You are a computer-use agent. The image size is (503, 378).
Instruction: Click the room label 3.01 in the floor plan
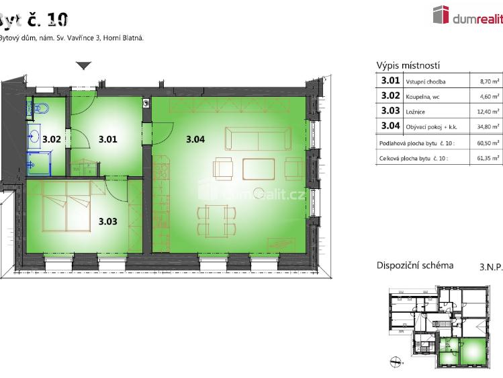point(107,140)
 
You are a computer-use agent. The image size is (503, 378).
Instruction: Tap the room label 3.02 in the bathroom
point(52,140)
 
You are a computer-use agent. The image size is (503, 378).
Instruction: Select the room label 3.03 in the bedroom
point(107,220)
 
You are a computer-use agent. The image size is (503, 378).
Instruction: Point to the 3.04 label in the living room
point(195,140)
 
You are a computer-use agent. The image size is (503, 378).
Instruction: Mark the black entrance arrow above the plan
point(83,66)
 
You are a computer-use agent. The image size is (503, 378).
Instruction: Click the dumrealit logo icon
point(441,15)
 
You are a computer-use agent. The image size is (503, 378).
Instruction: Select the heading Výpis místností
point(408,65)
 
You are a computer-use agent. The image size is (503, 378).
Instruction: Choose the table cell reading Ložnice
point(414,112)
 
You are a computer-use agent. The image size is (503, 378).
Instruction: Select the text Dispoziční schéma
point(414,265)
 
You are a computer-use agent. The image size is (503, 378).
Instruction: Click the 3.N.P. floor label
point(490,266)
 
